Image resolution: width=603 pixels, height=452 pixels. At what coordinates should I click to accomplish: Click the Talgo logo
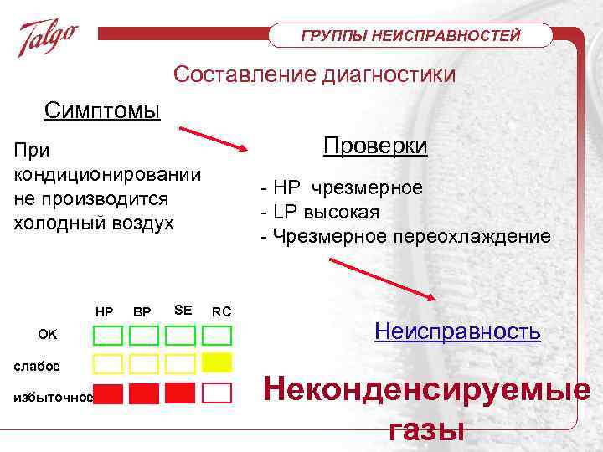click(49, 37)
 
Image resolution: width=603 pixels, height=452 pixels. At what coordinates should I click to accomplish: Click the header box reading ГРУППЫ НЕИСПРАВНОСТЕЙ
click(410, 35)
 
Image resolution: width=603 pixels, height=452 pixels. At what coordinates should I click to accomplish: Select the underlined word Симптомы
click(102, 111)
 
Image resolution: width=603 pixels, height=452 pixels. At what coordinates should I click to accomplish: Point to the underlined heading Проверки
click(375, 146)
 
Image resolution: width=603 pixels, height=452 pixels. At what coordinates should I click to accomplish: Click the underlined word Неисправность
click(457, 331)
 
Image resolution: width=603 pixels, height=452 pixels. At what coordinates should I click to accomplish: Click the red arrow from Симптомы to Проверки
click(213, 139)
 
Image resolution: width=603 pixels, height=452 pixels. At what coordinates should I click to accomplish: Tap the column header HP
click(105, 312)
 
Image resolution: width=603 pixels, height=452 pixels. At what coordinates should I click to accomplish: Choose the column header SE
click(183, 311)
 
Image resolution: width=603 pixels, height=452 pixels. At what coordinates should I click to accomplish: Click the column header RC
click(221, 312)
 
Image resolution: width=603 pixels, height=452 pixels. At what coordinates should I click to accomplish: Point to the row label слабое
click(37, 366)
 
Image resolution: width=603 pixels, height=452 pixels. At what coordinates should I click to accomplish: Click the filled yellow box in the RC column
click(217, 362)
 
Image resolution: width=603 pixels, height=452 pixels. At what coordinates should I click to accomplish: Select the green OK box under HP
click(107, 336)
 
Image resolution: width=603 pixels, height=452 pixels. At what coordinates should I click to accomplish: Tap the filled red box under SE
click(180, 392)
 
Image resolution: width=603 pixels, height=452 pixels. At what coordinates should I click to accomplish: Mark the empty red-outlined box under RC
click(217, 393)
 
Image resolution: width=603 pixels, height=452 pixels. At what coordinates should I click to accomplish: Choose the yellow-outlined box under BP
click(144, 363)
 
